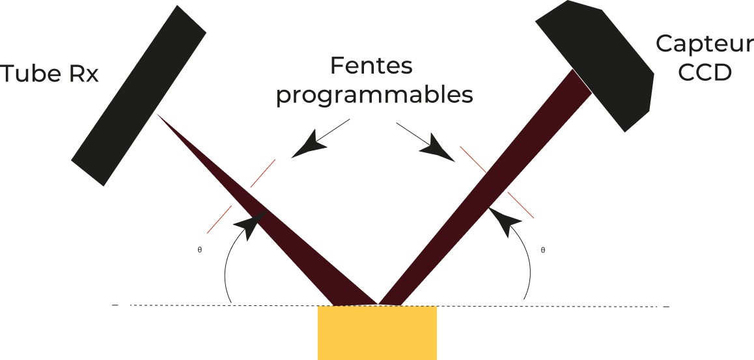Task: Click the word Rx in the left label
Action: [x=83, y=74]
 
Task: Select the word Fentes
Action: [x=372, y=66]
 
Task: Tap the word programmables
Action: [x=374, y=96]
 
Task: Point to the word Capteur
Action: [x=703, y=44]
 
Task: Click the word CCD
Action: [x=705, y=73]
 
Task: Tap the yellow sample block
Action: [x=376, y=332]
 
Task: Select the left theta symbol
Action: [x=199, y=249]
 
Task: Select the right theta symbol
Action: [x=542, y=249]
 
